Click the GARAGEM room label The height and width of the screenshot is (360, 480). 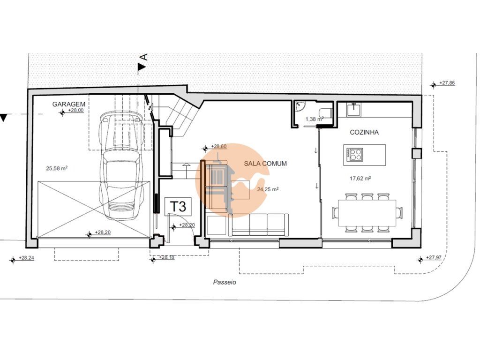(68, 104)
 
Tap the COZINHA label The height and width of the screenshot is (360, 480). (364, 132)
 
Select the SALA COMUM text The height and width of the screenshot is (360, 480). (265, 164)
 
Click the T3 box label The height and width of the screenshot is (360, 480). (178, 206)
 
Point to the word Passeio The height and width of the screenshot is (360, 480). (225, 283)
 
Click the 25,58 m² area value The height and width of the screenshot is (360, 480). (57, 168)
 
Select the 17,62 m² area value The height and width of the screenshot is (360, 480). (360, 178)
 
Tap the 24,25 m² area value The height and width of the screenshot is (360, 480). (268, 189)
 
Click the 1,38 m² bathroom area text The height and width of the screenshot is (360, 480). (315, 120)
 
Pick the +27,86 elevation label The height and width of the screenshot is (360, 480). (447, 82)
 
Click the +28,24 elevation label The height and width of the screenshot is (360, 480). (26, 258)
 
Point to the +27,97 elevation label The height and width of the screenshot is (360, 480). (434, 257)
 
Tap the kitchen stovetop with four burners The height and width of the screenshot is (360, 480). (355, 154)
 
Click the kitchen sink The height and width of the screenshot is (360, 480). (354, 110)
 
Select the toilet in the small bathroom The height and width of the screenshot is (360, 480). (325, 112)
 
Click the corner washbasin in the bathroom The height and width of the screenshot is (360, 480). (300, 105)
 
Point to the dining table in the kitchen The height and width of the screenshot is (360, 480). (367, 213)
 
